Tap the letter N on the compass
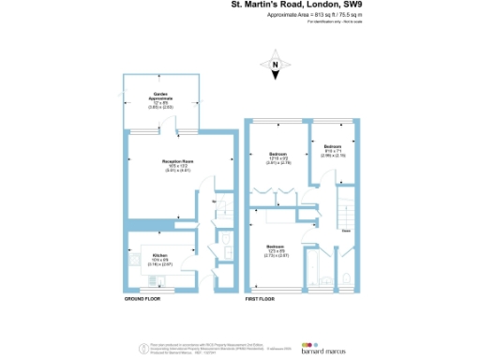[x=277, y=64]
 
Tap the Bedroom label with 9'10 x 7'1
[x=334, y=149]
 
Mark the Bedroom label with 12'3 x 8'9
[x=276, y=250]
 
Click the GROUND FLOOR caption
[x=142, y=299]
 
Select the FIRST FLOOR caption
[x=262, y=299]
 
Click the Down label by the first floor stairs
[x=346, y=229]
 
